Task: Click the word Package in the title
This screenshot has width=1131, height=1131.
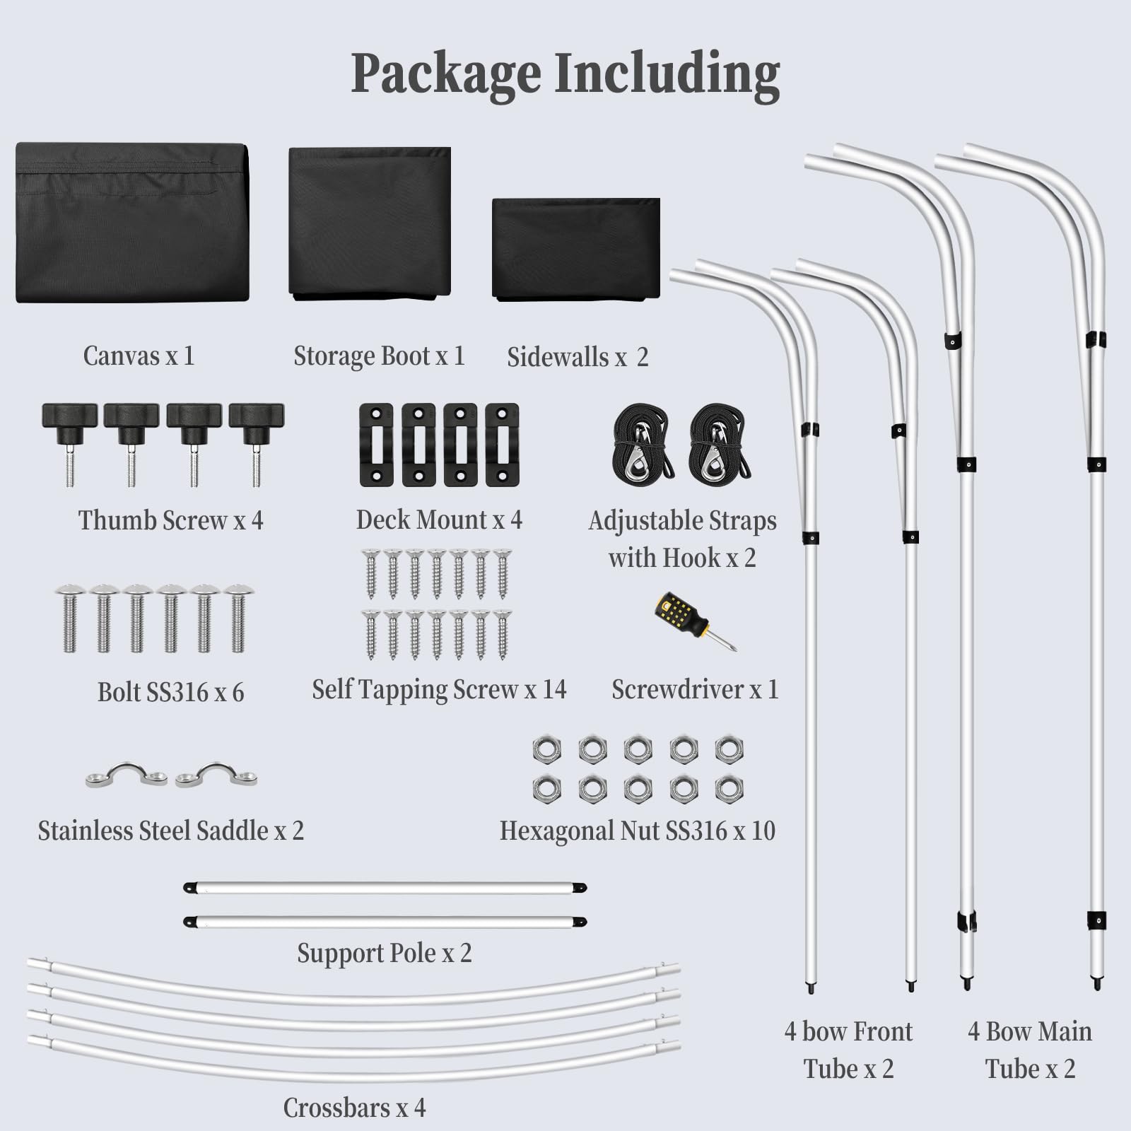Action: [x=445, y=74]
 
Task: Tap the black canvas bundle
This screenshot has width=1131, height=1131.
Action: [x=132, y=223]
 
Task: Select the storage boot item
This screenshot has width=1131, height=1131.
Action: [x=369, y=223]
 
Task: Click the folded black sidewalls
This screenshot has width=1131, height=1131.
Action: [x=575, y=248]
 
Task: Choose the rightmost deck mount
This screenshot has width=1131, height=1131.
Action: [x=503, y=445]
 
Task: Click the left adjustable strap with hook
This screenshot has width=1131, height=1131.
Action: [x=641, y=444]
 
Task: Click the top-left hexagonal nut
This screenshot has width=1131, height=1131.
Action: [x=546, y=749]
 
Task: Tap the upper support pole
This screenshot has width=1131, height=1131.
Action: [x=385, y=888]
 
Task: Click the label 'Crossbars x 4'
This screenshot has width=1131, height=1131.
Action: [x=354, y=1107]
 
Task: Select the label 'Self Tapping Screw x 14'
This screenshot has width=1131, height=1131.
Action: [x=439, y=689]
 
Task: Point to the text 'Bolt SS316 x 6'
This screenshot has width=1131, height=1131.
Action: [x=170, y=692]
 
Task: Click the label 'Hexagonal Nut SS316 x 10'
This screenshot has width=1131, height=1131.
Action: [x=637, y=831]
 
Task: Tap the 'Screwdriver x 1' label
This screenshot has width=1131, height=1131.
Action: [x=694, y=689]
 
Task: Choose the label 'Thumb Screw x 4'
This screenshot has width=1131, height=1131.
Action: [x=170, y=520]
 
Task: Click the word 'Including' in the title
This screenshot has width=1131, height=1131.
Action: [x=667, y=74]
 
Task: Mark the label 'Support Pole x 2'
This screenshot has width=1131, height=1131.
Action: [x=384, y=953]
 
